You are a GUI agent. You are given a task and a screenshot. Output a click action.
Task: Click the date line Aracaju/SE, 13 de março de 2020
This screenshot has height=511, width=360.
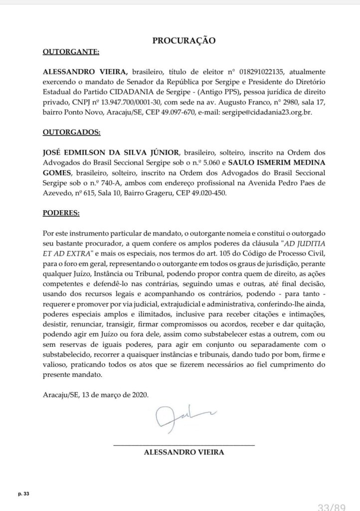[x=95, y=394]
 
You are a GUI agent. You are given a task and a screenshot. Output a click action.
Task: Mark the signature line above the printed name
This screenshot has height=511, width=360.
[x=184, y=444]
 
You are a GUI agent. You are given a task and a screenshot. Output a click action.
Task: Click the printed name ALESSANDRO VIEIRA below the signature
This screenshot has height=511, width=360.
[x=183, y=453]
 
